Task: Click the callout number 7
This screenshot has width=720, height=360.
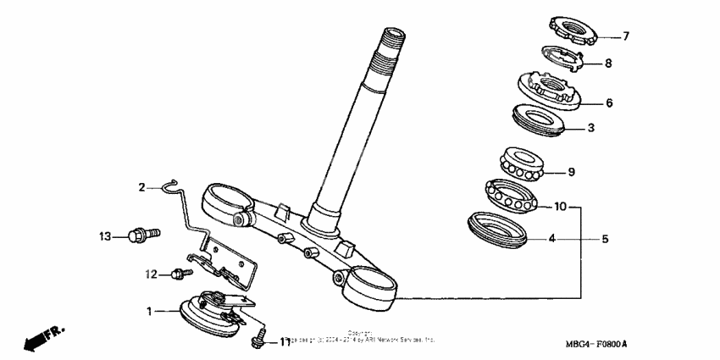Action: (x=626, y=36)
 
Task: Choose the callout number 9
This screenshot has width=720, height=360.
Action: (x=571, y=172)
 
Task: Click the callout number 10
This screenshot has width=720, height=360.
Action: (x=560, y=206)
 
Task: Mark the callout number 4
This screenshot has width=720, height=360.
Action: (x=551, y=239)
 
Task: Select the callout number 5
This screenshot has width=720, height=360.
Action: (x=605, y=239)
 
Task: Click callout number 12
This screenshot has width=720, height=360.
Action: (x=151, y=274)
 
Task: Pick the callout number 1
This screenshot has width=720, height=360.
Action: (x=150, y=312)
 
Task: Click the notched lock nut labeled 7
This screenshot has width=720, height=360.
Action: (x=574, y=30)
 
